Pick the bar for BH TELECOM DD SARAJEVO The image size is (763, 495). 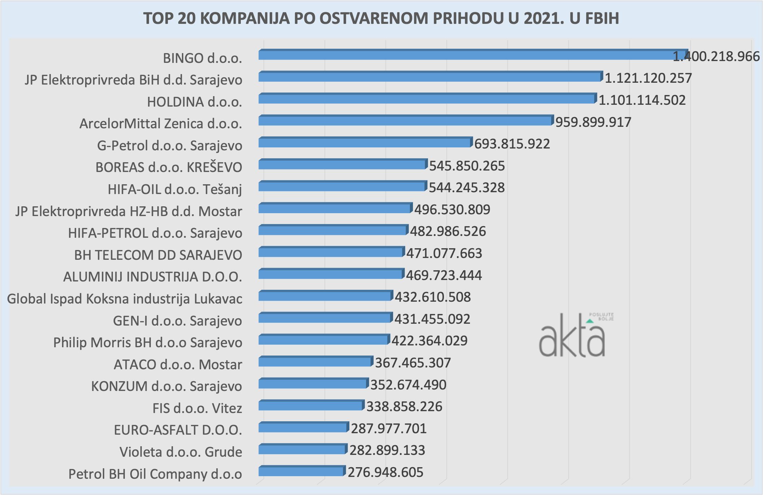click(331, 252)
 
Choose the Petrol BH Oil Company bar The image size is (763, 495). click(301, 471)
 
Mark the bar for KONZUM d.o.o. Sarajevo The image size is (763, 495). click(313, 384)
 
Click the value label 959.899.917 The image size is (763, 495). click(593, 122)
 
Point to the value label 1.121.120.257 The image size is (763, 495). click(648, 78)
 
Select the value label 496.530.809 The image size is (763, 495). click(452, 210)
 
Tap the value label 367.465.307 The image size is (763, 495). click(413, 363)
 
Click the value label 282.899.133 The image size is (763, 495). click(387, 450)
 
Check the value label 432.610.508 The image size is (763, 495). click(432, 297)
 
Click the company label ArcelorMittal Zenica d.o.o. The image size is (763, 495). click(161, 124)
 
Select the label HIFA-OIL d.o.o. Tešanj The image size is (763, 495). click(175, 189)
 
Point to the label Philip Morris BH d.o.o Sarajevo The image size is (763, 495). click(148, 343)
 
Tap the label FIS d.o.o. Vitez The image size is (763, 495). click(197, 408)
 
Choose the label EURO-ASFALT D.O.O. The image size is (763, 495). click(178, 430)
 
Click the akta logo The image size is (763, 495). click(574, 336)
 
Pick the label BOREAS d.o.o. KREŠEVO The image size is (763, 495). click(169, 167)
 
